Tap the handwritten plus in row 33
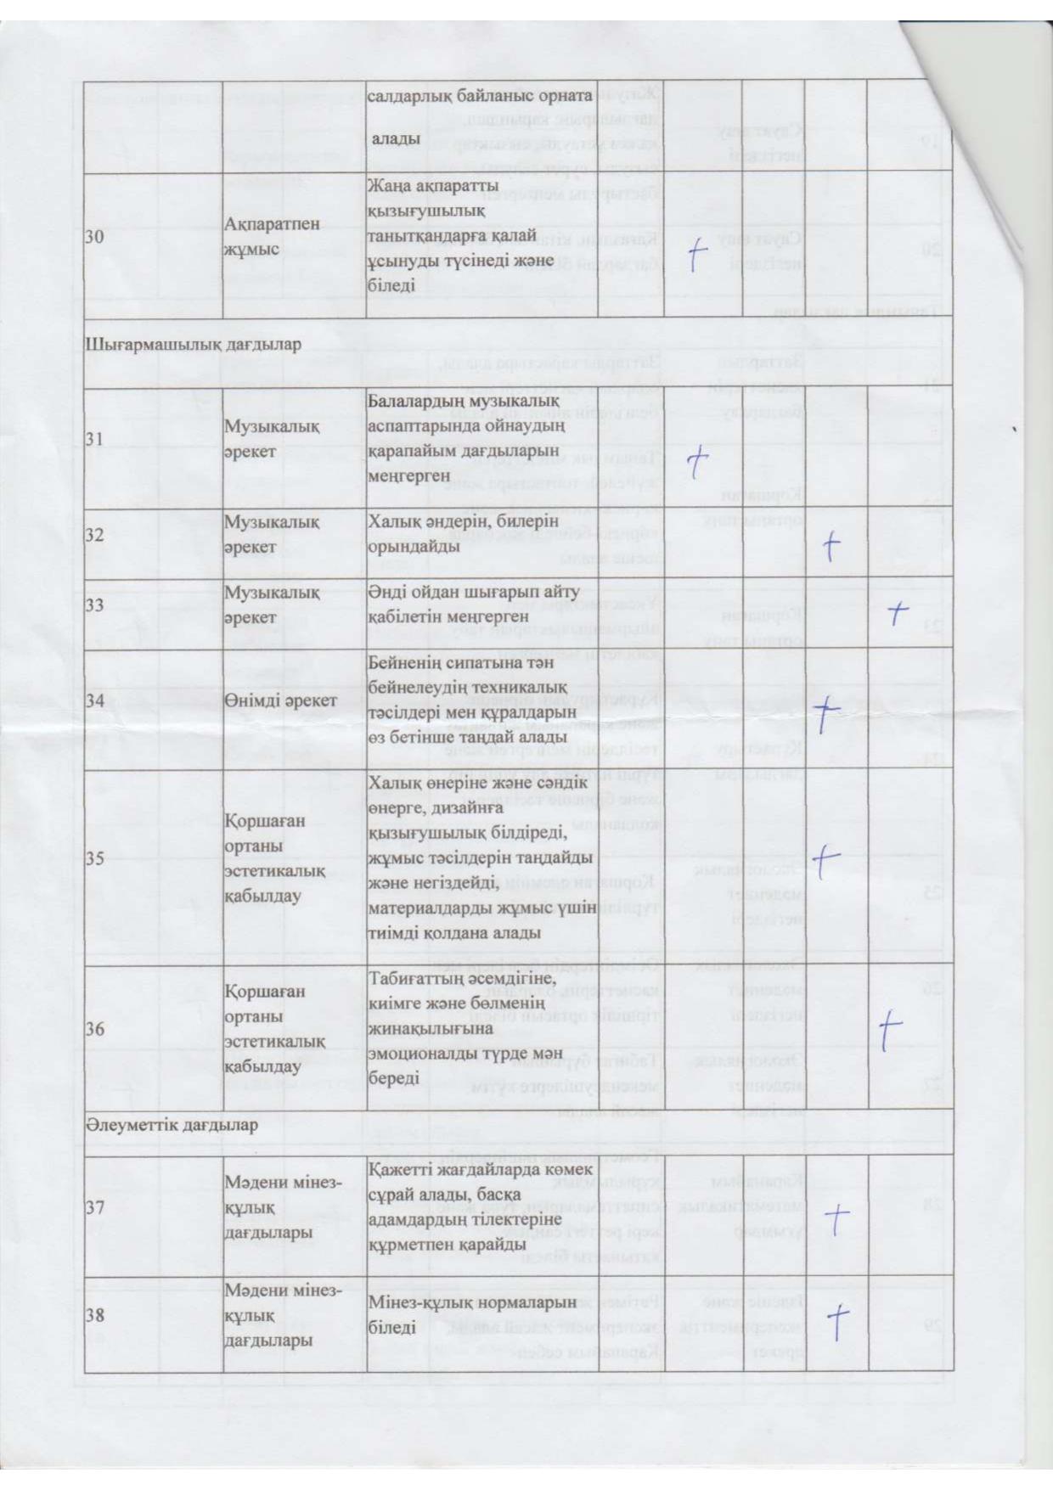point(898,612)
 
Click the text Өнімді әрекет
point(280,700)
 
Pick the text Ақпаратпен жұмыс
point(273,237)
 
